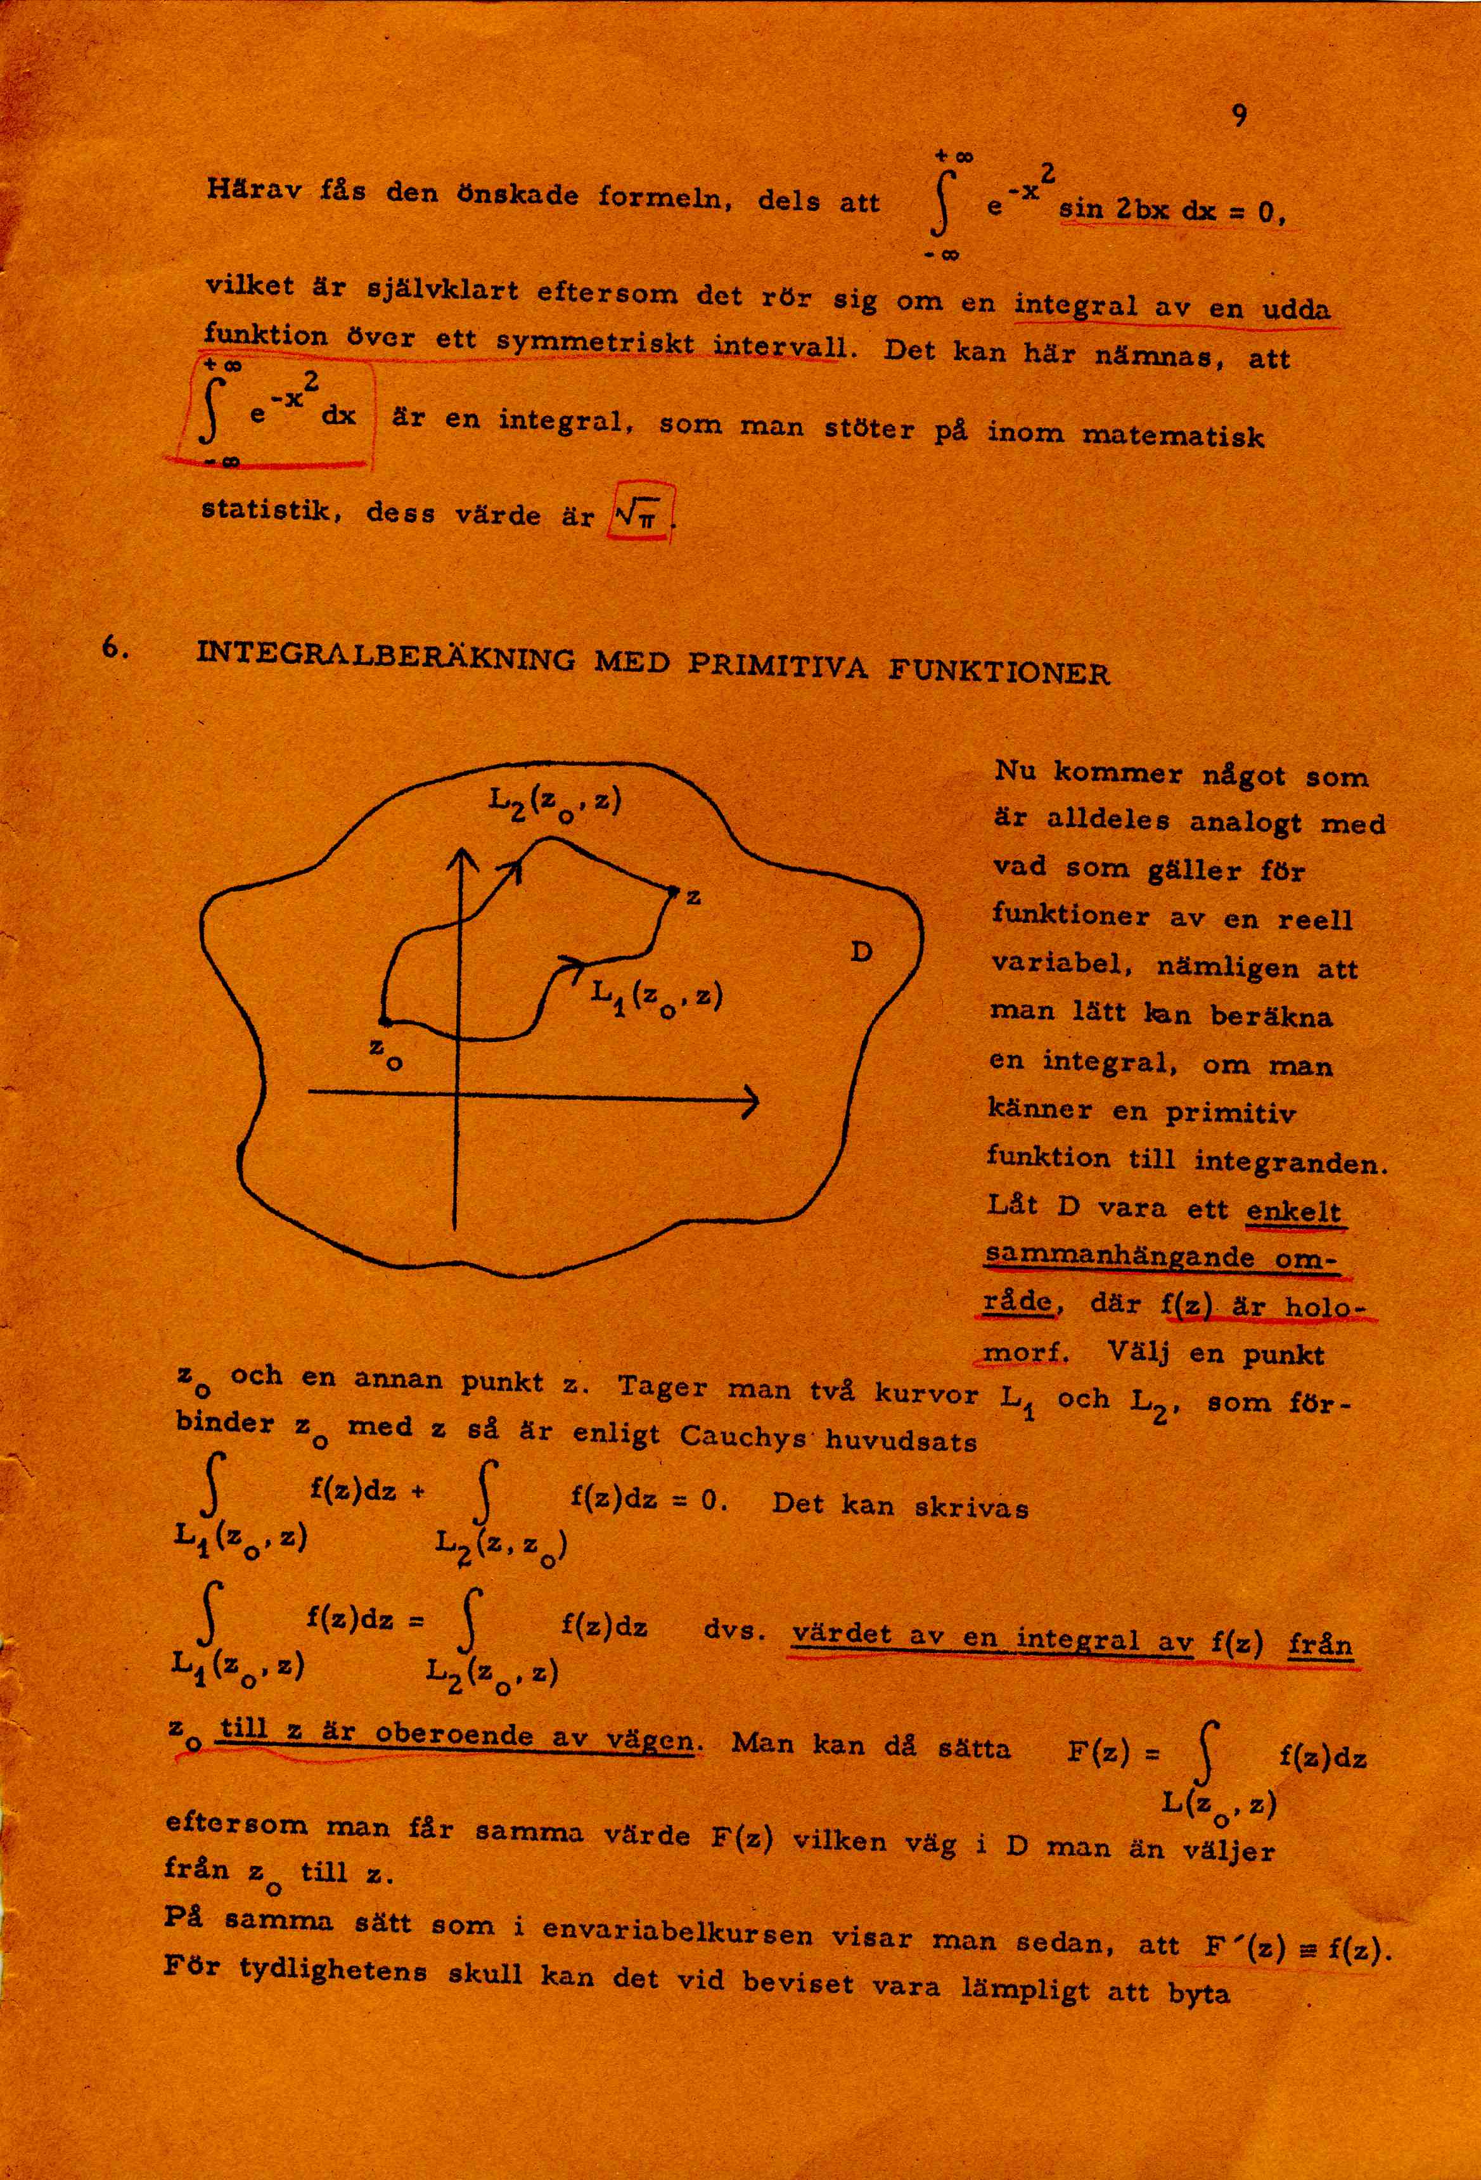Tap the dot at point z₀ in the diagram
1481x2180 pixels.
(383, 1020)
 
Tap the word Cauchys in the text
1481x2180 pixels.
(747, 1438)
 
